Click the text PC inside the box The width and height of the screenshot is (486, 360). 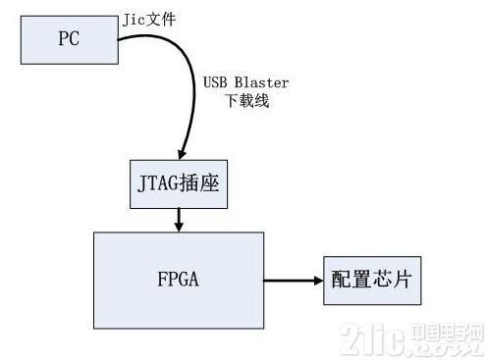69,38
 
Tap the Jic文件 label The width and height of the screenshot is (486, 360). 149,20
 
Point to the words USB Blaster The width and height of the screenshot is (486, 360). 245,82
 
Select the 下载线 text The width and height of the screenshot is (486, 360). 247,100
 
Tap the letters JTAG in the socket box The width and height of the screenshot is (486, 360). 158,183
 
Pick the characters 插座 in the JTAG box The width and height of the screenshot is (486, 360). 199,183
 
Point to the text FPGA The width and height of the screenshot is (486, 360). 179,280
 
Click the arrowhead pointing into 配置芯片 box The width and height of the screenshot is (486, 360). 319,281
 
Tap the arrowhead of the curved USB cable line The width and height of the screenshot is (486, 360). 182,154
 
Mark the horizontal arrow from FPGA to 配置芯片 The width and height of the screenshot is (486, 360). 294,281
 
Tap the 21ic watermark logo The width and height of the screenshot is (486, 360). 412,339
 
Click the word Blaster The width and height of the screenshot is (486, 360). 261,82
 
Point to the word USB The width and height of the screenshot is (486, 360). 215,82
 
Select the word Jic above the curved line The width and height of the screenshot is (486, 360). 134,21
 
